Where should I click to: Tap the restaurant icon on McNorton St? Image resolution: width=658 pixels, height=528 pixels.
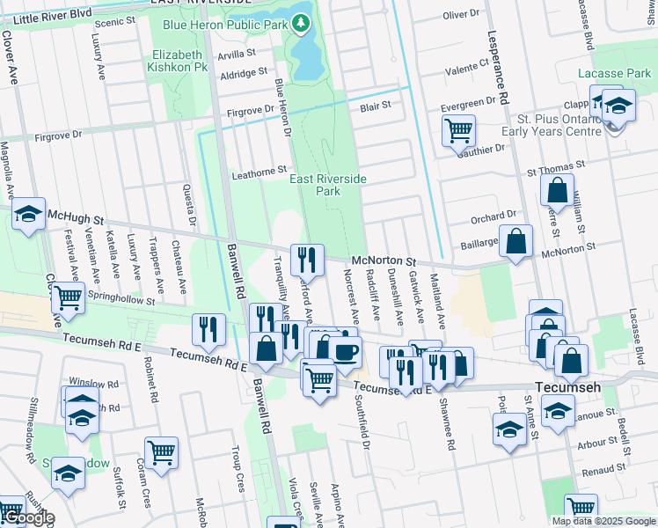pyautogui.click(x=307, y=258)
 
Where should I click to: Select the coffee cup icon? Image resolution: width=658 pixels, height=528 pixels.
pyautogui.click(x=345, y=352)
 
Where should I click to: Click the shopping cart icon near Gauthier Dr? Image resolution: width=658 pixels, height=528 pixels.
pyautogui.click(x=458, y=130)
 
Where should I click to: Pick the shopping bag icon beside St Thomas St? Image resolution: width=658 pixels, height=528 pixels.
pyautogui.click(x=557, y=189)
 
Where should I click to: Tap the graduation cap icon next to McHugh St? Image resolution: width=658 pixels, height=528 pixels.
pyautogui.click(x=28, y=214)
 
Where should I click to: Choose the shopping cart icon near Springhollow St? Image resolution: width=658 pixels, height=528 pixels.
pyautogui.click(x=68, y=298)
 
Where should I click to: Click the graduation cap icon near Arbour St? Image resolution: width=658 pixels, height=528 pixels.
pyautogui.click(x=509, y=429)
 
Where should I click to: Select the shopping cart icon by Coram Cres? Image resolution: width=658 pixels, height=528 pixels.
pyautogui.click(x=161, y=452)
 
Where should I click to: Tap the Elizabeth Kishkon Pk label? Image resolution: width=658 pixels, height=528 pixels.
pyautogui.click(x=176, y=60)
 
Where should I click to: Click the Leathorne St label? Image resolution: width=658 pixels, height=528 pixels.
pyautogui.click(x=259, y=172)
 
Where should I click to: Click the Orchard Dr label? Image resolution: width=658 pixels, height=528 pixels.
pyautogui.click(x=492, y=215)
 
